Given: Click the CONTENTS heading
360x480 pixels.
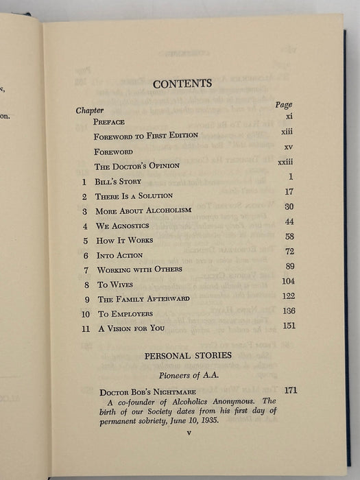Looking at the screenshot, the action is pos(182,84).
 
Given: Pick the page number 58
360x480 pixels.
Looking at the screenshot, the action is pos(289,237).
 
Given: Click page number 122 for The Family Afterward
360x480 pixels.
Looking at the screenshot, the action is pos(288,296).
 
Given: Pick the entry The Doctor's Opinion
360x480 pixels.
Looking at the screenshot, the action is pos(137,167).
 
